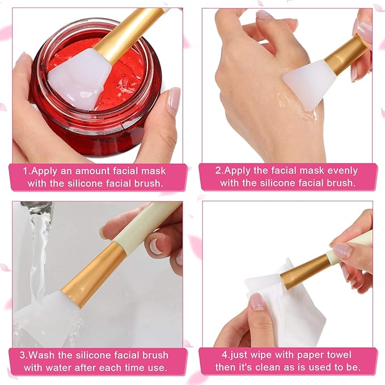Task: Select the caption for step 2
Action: coord(287,176)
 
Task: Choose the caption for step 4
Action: coord(287,361)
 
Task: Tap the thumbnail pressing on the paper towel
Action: coord(257,301)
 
